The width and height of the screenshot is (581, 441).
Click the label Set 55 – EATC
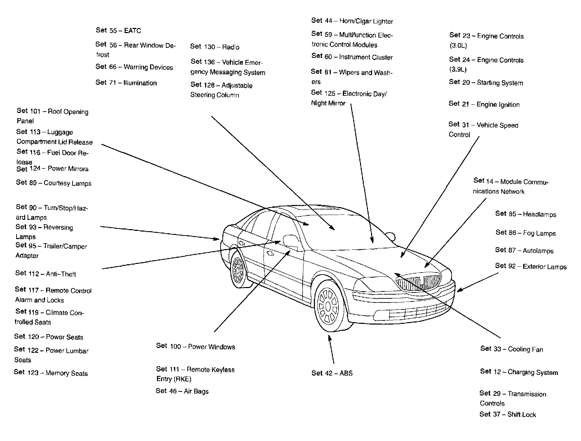[118, 31]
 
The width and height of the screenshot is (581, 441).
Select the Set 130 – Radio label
[215, 47]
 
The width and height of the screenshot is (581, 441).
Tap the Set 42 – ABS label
[332, 373]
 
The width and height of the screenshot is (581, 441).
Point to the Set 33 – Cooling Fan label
[511, 349]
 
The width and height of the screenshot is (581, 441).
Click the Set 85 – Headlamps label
[526, 214]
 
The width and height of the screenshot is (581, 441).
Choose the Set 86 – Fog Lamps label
[526, 233]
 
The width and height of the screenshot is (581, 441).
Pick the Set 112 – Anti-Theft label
[46, 274]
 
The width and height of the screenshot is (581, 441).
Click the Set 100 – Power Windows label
[196, 347]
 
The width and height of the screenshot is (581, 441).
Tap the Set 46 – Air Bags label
[182, 391]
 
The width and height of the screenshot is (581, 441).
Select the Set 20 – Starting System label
[486, 83]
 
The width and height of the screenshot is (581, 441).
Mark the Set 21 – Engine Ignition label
[484, 104]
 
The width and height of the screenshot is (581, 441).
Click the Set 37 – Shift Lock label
[508, 414]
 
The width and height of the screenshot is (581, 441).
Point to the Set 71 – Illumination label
[126, 83]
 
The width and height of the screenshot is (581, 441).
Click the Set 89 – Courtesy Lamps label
[54, 183]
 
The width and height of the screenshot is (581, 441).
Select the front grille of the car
[418, 283]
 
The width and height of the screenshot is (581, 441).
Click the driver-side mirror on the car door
[291, 240]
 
